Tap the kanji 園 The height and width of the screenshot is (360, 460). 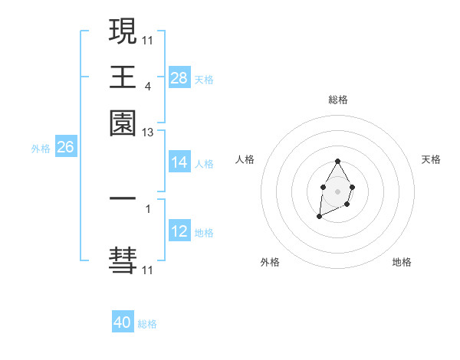coord(123,123)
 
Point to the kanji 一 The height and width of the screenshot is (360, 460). coord(123,198)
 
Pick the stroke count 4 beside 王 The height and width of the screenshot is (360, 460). coord(147,87)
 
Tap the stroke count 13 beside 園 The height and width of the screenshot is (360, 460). coord(147,133)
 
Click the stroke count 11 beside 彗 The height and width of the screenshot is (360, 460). coord(147,270)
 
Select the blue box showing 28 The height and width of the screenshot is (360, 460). coord(179,78)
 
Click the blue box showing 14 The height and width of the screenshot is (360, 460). coord(179,162)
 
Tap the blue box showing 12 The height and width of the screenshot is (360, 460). coord(179,231)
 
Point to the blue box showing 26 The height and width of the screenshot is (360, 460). coord(65,147)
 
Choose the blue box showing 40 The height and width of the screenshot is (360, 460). coord(123,323)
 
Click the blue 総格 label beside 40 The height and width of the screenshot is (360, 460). coord(147,324)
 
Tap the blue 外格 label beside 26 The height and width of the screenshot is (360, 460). coord(40,149)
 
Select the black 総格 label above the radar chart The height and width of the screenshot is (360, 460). coord(338,100)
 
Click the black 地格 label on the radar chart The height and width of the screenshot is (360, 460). coord(402,263)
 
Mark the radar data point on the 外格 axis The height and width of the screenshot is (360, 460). coord(319,218)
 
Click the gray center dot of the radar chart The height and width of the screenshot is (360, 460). coord(337,190)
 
